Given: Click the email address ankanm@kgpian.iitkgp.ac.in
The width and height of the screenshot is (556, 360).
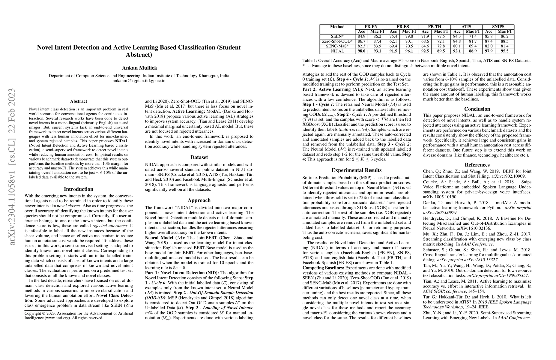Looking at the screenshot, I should (x=139, y=81).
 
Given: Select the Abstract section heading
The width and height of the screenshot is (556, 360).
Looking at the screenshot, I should (x=79, y=101).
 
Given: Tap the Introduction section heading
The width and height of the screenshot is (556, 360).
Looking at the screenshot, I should (x=79, y=189).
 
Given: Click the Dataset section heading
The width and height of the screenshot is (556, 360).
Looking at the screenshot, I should (x=199, y=157).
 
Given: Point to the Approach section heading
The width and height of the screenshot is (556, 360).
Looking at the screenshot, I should (x=199, y=200).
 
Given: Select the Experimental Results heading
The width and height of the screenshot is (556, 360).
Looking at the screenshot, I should (x=357, y=170).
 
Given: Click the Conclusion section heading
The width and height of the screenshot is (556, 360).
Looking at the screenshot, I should (x=477, y=109).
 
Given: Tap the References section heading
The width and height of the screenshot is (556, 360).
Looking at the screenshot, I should (x=477, y=165).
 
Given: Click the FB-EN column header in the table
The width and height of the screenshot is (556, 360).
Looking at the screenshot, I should (x=371, y=27).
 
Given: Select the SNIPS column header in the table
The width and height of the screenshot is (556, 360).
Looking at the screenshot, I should (x=498, y=27).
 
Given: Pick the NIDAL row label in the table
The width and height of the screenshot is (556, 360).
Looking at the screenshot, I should (x=337, y=51).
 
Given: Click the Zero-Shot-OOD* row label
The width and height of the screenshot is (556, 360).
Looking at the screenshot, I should (x=337, y=41).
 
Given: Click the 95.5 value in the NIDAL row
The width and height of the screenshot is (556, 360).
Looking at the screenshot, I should (x=505, y=51).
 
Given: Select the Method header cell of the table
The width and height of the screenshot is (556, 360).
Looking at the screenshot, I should (x=337, y=27).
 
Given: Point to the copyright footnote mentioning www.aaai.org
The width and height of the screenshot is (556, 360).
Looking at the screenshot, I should (x=79, y=316).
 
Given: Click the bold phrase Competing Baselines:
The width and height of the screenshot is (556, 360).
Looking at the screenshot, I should (x=323, y=268).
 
